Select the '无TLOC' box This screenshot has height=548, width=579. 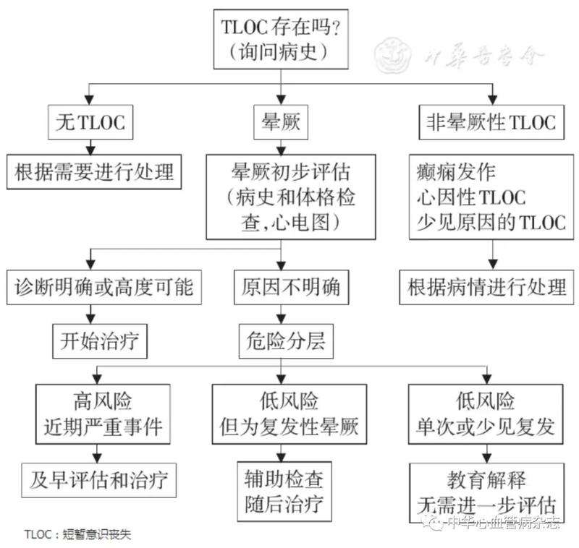90,122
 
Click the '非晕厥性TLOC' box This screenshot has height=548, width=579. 491,122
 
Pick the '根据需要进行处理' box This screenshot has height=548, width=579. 94,172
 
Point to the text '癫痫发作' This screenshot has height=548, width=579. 457,173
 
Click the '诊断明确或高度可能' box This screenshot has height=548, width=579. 103,287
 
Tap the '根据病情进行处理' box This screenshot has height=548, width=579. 485,287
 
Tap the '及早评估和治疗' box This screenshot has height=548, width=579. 102,479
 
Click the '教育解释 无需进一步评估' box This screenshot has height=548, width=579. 486,491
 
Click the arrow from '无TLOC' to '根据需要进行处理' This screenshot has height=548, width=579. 89,145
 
